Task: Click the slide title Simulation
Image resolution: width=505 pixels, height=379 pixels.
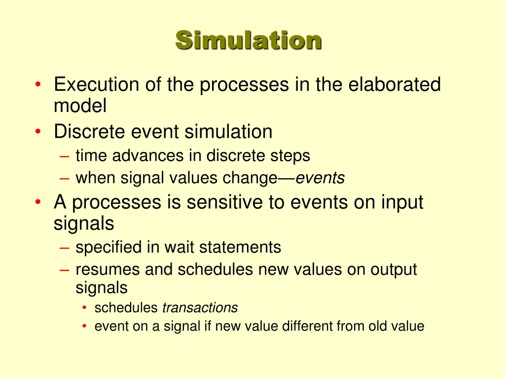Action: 249,40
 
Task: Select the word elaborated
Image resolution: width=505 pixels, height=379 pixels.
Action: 395,85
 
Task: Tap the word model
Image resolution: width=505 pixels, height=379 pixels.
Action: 80,105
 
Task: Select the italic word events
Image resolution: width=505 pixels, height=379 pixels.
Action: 320,178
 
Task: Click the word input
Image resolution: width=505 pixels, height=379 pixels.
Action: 402,202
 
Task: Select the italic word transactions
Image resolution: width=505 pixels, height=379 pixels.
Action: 200,308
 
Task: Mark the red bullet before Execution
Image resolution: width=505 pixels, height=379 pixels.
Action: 38,85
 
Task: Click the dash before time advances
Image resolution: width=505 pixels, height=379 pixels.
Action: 65,156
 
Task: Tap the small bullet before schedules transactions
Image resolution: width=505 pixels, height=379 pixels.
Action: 85,308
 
